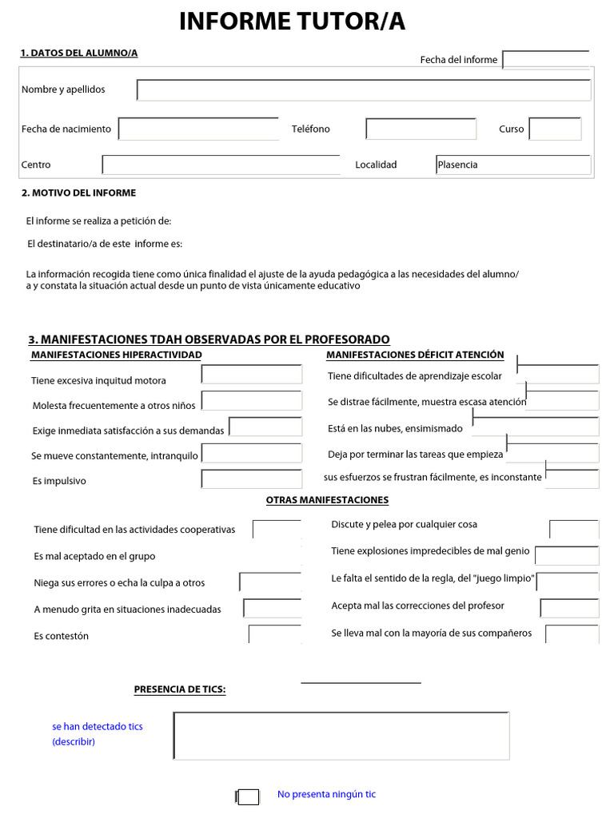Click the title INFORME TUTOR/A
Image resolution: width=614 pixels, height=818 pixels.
[x=292, y=22]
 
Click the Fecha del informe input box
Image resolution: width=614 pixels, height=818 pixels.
[x=546, y=60]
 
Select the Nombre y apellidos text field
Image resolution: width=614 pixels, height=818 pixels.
[x=364, y=89]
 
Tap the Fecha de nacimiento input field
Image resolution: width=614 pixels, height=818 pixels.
[x=198, y=129]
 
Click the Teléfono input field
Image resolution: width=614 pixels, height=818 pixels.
[x=421, y=129]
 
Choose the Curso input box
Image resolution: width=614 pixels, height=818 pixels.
[x=555, y=129]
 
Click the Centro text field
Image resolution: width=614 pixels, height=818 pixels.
[x=221, y=165]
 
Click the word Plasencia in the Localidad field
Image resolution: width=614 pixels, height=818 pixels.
[x=458, y=165]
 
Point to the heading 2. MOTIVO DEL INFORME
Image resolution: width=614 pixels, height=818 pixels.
[x=78, y=193]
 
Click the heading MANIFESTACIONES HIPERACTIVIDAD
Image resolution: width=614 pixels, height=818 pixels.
[x=116, y=355]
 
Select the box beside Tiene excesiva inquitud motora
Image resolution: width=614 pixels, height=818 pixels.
[x=252, y=375]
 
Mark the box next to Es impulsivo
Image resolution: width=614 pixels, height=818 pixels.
[x=252, y=479]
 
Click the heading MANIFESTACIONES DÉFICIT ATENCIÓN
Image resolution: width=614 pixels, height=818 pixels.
[x=415, y=355]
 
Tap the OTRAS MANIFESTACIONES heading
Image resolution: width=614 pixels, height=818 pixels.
[x=327, y=500]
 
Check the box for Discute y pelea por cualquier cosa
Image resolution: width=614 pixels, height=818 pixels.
[x=573, y=530]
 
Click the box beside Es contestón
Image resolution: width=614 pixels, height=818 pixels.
[x=274, y=634]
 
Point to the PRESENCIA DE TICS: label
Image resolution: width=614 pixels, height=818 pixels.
[x=179, y=689]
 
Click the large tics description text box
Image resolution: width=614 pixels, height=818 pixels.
[x=341, y=735]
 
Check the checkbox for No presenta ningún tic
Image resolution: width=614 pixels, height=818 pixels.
[x=249, y=796]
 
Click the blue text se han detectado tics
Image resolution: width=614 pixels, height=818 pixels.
[x=98, y=726]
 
